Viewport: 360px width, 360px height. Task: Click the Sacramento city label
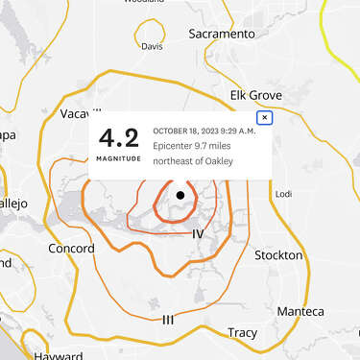(223, 34)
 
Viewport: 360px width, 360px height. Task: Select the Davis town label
(152, 46)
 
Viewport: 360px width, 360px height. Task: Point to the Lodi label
(283, 194)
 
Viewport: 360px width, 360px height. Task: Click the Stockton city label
(278, 255)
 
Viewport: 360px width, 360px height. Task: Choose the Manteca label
(300, 312)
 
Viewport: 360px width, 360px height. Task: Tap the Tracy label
(242, 333)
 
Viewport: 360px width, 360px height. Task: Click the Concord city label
(71, 250)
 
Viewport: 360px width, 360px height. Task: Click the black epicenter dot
(180, 196)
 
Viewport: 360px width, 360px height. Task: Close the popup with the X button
(265, 118)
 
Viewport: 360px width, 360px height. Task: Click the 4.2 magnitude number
(118, 137)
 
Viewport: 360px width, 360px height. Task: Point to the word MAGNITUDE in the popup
(118, 157)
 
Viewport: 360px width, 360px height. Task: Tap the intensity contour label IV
(198, 234)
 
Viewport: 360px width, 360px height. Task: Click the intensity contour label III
(168, 319)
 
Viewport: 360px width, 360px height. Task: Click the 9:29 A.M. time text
(239, 131)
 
